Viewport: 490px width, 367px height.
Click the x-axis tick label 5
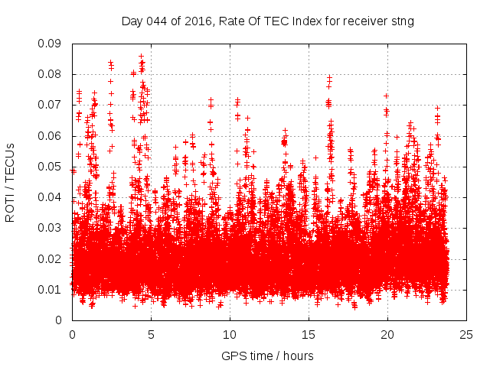click(x=151, y=335)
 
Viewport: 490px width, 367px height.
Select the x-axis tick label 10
click(x=230, y=335)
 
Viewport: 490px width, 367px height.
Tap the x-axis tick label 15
click(x=309, y=335)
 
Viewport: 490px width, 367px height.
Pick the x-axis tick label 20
click(x=387, y=335)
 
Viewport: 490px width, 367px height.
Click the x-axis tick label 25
click(x=466, y=335)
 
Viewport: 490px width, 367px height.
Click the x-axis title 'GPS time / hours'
click(x=267, y=356)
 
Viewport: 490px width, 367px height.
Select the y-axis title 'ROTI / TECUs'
click(x=11, y=181)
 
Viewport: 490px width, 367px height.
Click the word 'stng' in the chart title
click(x=401, y=21)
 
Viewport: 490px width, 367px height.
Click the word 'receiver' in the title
click(x=363, y=21)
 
